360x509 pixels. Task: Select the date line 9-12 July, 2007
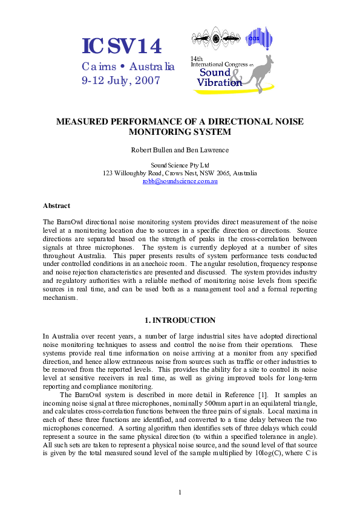(121, 80)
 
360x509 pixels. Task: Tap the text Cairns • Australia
(128, 66)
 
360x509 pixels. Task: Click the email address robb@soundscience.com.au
(180, 181)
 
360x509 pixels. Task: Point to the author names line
(180, 150)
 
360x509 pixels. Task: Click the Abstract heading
(56, 206)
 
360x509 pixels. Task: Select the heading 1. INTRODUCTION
(180, 320)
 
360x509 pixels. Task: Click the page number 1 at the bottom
(180, 492)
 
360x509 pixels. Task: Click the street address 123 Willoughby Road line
(180, 172)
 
